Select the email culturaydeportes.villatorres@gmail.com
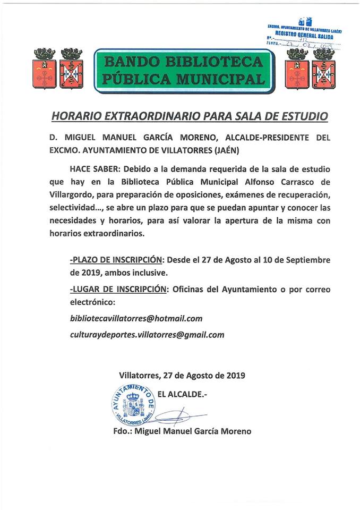coord(147,335)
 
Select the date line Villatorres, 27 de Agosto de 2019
coord(182,375)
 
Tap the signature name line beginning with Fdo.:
coord(182,431)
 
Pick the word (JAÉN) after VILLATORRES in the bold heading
coord(226,150)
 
